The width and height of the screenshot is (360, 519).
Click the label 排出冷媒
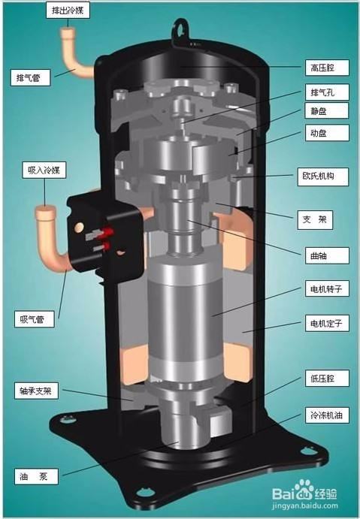pos(68,11)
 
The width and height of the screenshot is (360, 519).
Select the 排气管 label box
pos(30,78)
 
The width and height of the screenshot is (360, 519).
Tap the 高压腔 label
pos(327,68)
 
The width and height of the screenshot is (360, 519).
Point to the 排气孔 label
pos(327,92)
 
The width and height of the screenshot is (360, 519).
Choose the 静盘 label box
pos(326,111)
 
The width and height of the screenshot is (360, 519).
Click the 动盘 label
pos(327,133)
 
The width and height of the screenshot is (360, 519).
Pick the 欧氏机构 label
pos(323,176)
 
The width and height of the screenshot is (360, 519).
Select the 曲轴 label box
pos(327,255)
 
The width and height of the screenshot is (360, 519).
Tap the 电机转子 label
pos(327,288)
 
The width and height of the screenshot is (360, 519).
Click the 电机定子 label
pos(327,324)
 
